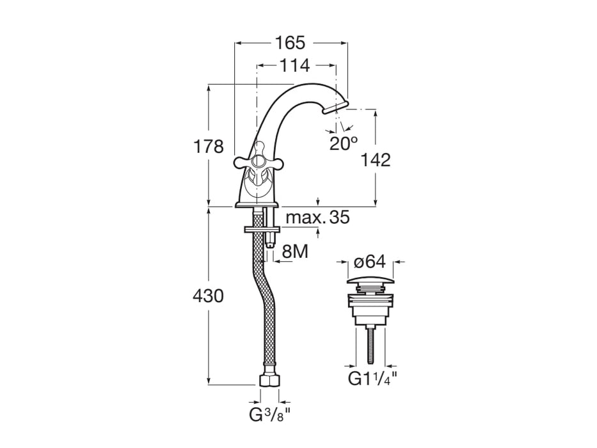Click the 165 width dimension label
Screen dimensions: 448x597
[x=291, y=43]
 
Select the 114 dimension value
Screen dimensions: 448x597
[x=294, y=65]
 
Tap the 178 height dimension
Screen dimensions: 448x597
[x=209, y=147]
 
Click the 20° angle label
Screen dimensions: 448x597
[x=344, y=143]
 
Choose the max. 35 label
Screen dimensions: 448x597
[x=317, y=218]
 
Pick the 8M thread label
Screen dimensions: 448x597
[x=295, y=252]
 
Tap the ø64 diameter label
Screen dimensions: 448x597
[x=369, y=262]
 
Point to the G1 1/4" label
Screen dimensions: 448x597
[x=372, y=379]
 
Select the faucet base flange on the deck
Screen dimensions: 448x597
[x=257, y=205]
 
